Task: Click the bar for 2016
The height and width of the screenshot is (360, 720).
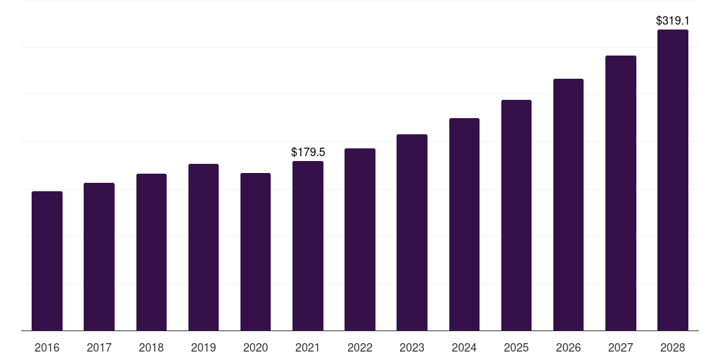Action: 47,261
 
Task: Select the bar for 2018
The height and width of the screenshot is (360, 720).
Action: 151,252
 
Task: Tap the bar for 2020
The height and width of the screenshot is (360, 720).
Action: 255,252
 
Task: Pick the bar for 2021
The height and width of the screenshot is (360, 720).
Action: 308,245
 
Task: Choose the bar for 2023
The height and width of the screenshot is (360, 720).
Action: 412,232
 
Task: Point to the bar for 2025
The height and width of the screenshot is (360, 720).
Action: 516,215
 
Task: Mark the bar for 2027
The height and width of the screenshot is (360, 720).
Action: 620,193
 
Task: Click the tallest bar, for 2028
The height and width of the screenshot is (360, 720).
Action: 672,180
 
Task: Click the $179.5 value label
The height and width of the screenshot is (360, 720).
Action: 308,152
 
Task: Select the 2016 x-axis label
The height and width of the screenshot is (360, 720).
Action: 47,347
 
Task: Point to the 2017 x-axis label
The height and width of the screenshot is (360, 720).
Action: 99,347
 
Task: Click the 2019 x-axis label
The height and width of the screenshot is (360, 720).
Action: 203,347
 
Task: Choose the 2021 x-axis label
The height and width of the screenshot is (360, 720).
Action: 308,347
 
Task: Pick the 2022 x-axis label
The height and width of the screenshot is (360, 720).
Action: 360,347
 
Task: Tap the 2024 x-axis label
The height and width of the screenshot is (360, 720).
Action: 464,347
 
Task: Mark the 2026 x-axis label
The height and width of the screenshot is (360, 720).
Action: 568,347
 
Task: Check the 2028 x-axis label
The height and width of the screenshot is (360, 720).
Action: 672,347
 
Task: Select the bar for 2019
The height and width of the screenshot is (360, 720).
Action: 203,247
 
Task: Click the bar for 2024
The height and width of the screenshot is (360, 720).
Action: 464,224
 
